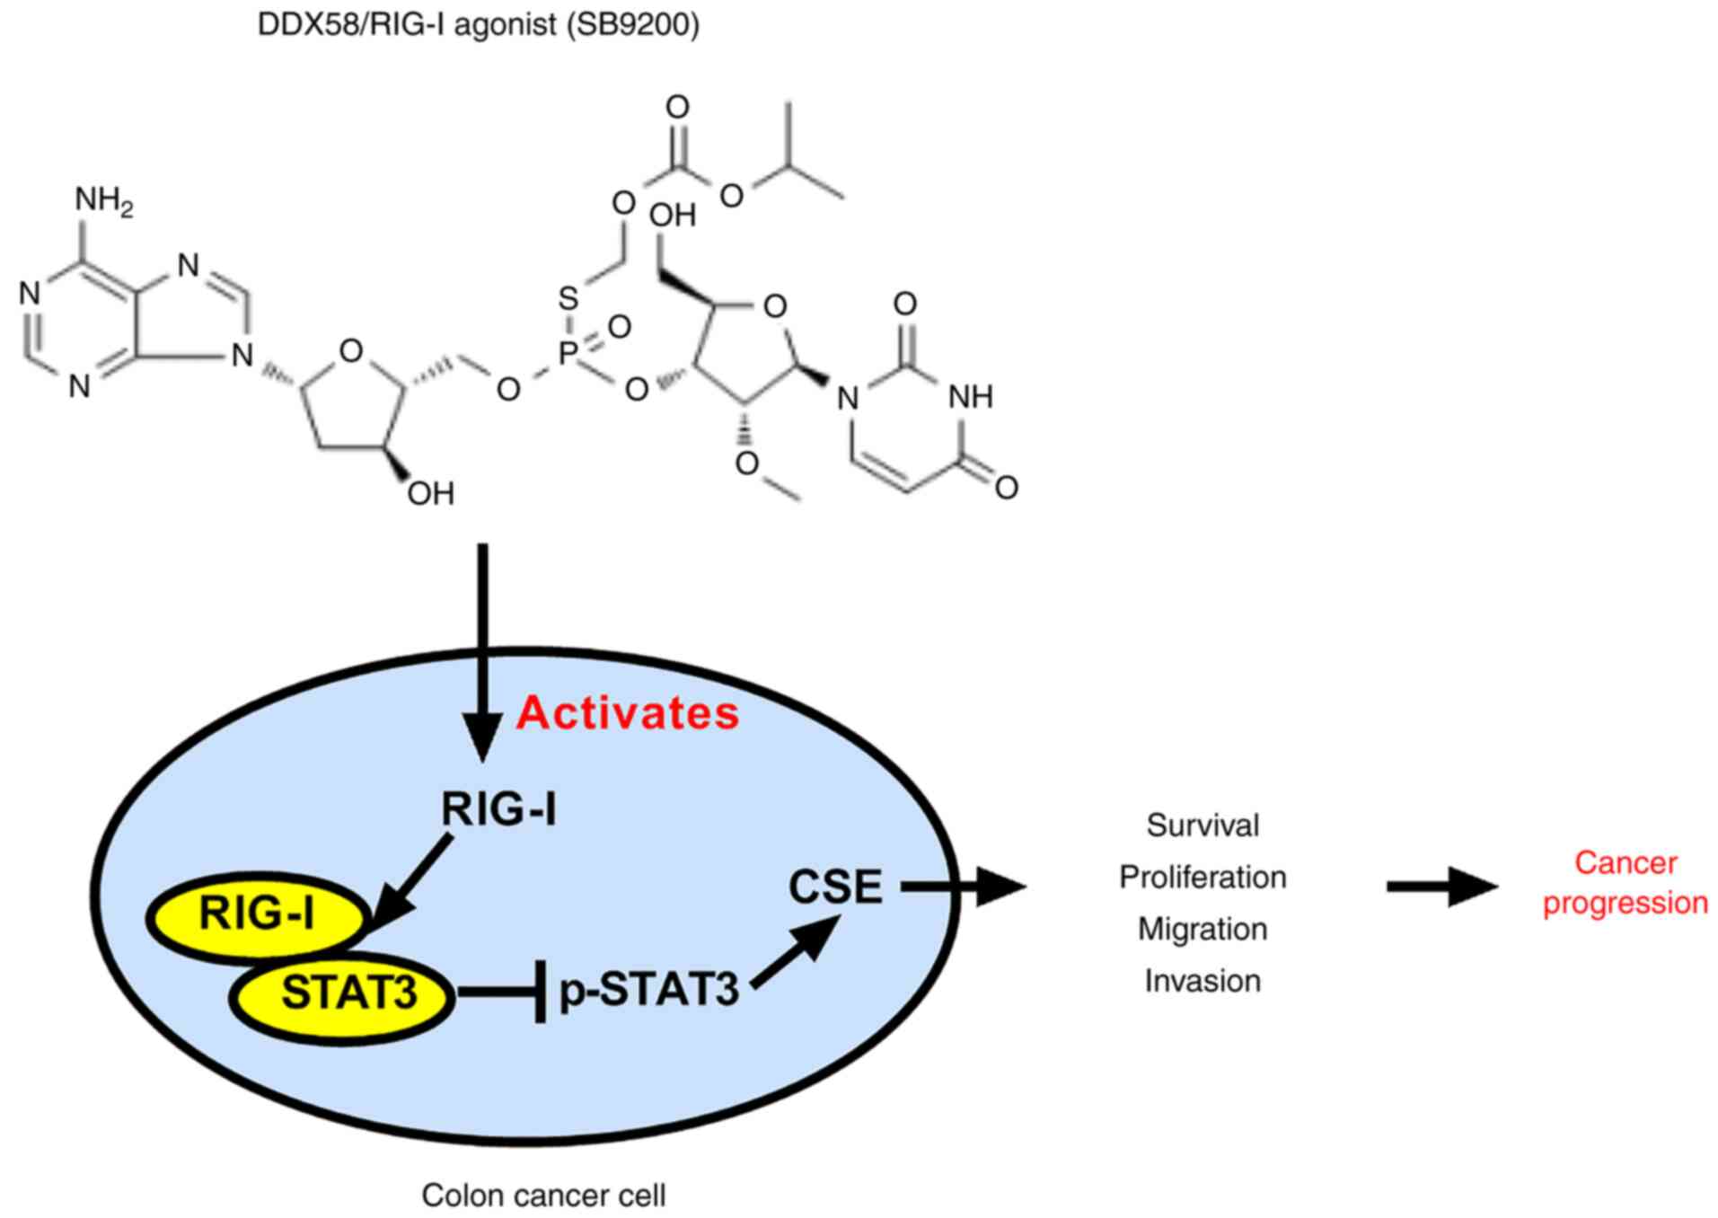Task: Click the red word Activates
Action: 627,712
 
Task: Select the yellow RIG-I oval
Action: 258,913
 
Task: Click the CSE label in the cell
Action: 834,887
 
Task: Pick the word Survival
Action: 1203,825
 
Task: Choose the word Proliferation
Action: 1203,877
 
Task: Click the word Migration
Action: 1203,929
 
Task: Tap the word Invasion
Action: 1203,981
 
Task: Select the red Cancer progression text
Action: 1625,883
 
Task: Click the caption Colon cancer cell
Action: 543,1196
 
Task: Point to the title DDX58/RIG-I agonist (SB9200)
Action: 478,24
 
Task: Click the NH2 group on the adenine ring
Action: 102,200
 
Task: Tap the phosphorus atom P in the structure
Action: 568,353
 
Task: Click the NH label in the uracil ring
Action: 971,396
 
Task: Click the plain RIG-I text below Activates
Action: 498,809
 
